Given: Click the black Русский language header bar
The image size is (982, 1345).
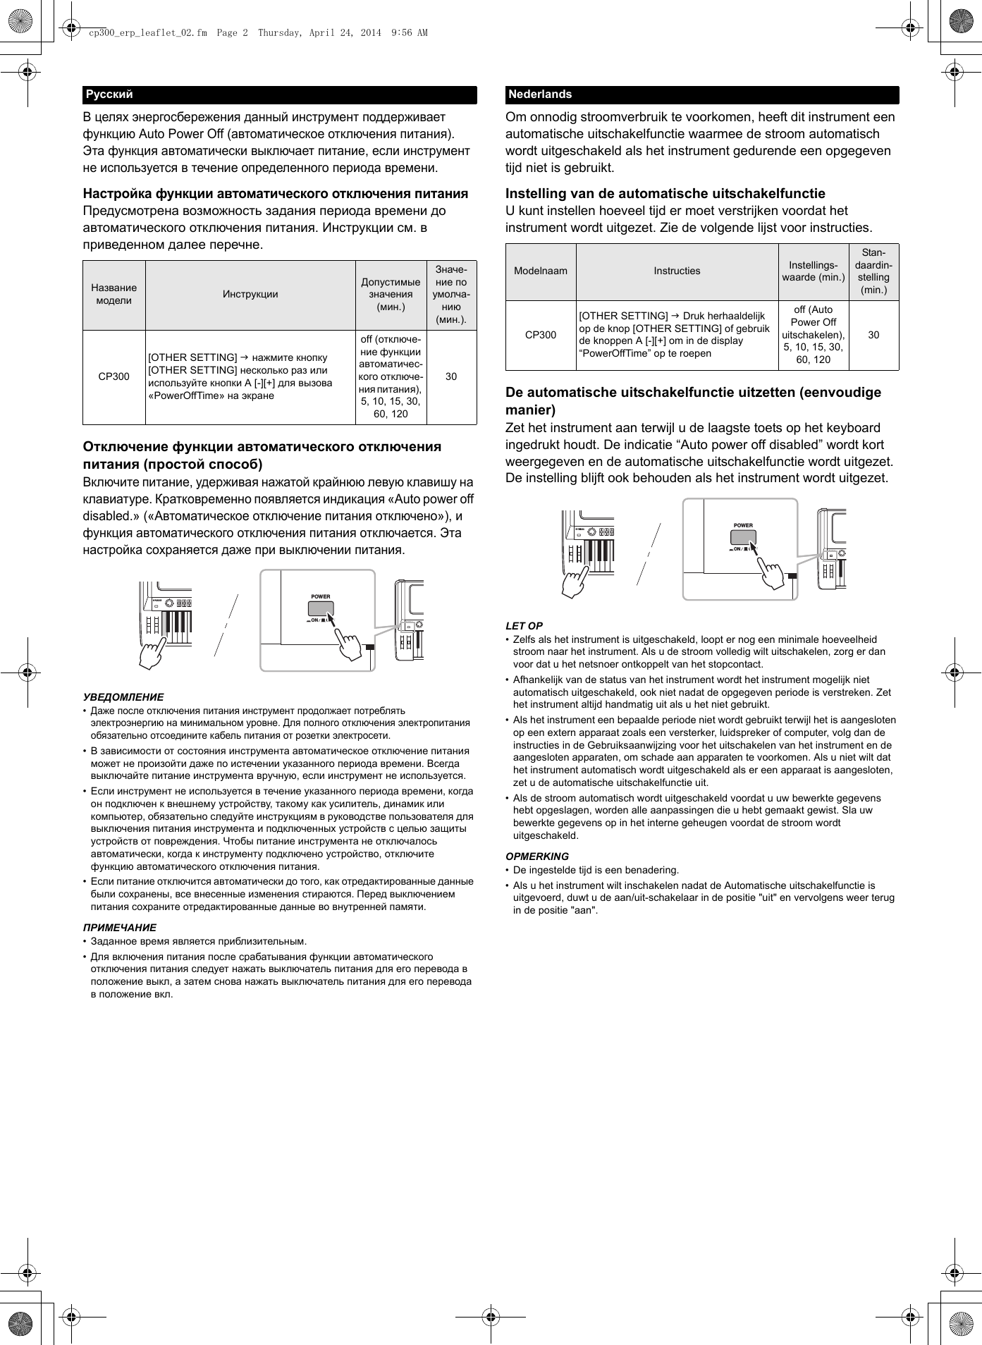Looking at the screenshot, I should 279,94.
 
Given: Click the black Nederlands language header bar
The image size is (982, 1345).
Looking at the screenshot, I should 701,94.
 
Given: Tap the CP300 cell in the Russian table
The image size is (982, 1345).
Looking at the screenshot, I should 113,376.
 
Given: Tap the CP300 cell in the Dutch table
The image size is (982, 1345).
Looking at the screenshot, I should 540,335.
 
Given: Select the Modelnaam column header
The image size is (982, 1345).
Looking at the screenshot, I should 540,271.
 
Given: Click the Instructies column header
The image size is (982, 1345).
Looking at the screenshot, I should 677,271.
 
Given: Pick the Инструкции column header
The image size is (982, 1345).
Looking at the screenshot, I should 250,294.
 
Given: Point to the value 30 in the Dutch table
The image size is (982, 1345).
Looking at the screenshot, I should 873,335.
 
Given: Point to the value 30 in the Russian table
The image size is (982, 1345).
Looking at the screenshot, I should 451,376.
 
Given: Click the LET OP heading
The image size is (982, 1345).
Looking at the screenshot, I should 524,625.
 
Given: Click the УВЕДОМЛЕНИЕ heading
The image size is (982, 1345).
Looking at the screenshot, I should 123,696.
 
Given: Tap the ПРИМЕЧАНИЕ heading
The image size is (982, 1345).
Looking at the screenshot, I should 119,927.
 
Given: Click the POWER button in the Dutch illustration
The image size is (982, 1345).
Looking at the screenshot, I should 743,537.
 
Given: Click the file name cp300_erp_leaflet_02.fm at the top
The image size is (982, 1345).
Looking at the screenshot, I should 148,32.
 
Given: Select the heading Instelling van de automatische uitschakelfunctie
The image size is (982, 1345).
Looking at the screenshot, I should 665,193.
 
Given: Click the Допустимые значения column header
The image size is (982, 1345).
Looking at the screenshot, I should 391,294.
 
